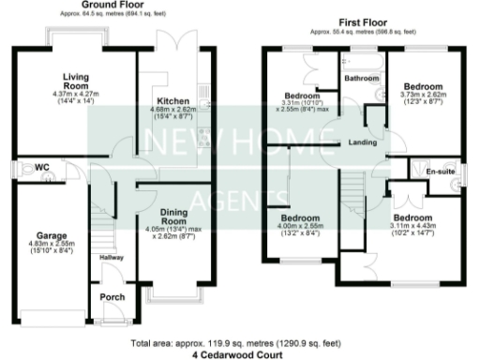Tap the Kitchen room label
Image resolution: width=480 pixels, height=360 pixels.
(x=174, y=100)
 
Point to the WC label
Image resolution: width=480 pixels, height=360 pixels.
(x=42, y=168)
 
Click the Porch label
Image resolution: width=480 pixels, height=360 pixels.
(x=111, y=297)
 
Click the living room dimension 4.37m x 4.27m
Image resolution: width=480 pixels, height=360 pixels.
(x=75, y=95)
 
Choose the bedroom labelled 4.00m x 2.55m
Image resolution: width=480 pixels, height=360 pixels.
(x=300, y=225)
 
